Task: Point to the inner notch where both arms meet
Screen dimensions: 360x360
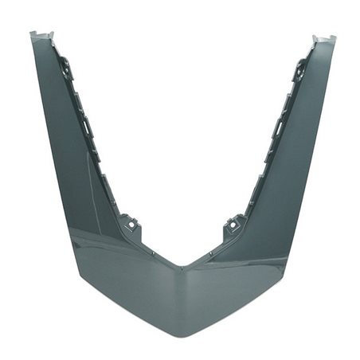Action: (182, 266)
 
